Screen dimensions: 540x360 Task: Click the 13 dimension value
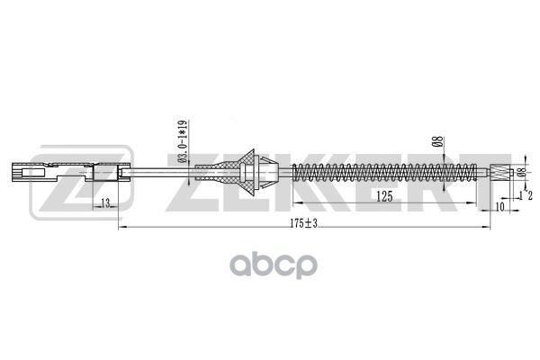click(105, 205)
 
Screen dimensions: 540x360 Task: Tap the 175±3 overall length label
click(304, 222)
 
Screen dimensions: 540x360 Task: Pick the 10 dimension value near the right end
click(499, 205)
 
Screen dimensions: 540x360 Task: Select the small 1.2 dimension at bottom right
click(525, 194)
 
